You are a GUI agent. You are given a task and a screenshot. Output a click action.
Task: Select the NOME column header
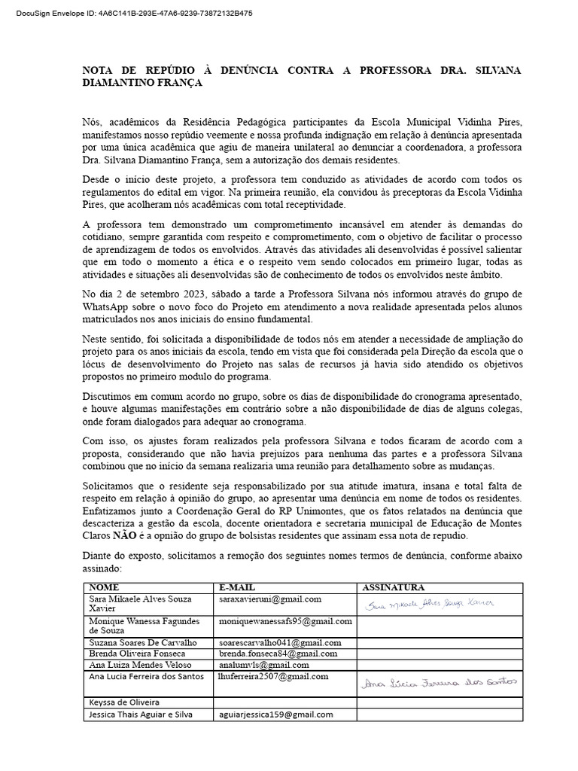pyautogui.click(x=105, y=587)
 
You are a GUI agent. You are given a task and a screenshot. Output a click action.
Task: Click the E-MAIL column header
pyautogui.click(x=237, y=587)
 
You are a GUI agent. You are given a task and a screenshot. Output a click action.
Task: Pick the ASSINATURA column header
pyautogui.click(x=394, y=587)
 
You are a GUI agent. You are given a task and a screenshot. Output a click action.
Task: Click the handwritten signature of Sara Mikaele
pyautogui.click(x=429, y=603)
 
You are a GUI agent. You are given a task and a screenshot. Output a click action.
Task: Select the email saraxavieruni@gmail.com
pyautogui.click(x=270, y=599)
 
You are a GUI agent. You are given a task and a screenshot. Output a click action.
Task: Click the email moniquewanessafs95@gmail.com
pyautogui.click(x=285, y=621)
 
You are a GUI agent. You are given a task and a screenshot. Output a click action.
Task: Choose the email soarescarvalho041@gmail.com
pyautogui.click(x=280, y=642)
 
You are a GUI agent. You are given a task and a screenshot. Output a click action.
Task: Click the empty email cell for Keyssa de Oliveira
pyautogui.click(x=285, y=702)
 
